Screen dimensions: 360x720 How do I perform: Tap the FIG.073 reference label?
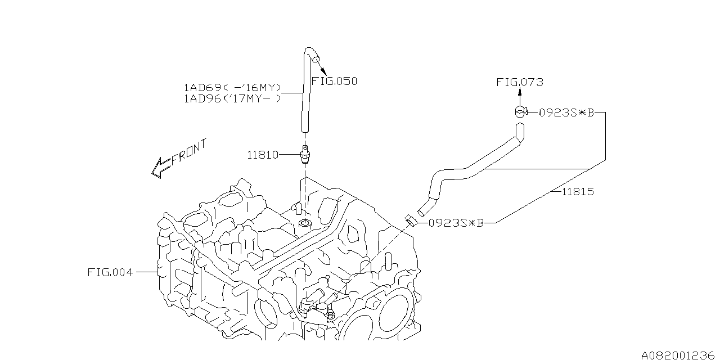point(520,82)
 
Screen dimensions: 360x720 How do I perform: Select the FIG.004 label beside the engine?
point(110,272)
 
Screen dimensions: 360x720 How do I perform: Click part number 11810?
point(263,154)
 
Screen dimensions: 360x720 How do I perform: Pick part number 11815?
point(578,192)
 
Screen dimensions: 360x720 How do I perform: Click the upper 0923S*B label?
point(566,112)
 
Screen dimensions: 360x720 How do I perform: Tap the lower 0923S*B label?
point(456,223)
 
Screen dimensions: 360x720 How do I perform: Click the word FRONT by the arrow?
point(189,151)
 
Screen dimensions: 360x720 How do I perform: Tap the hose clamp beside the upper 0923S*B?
point(519,112)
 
